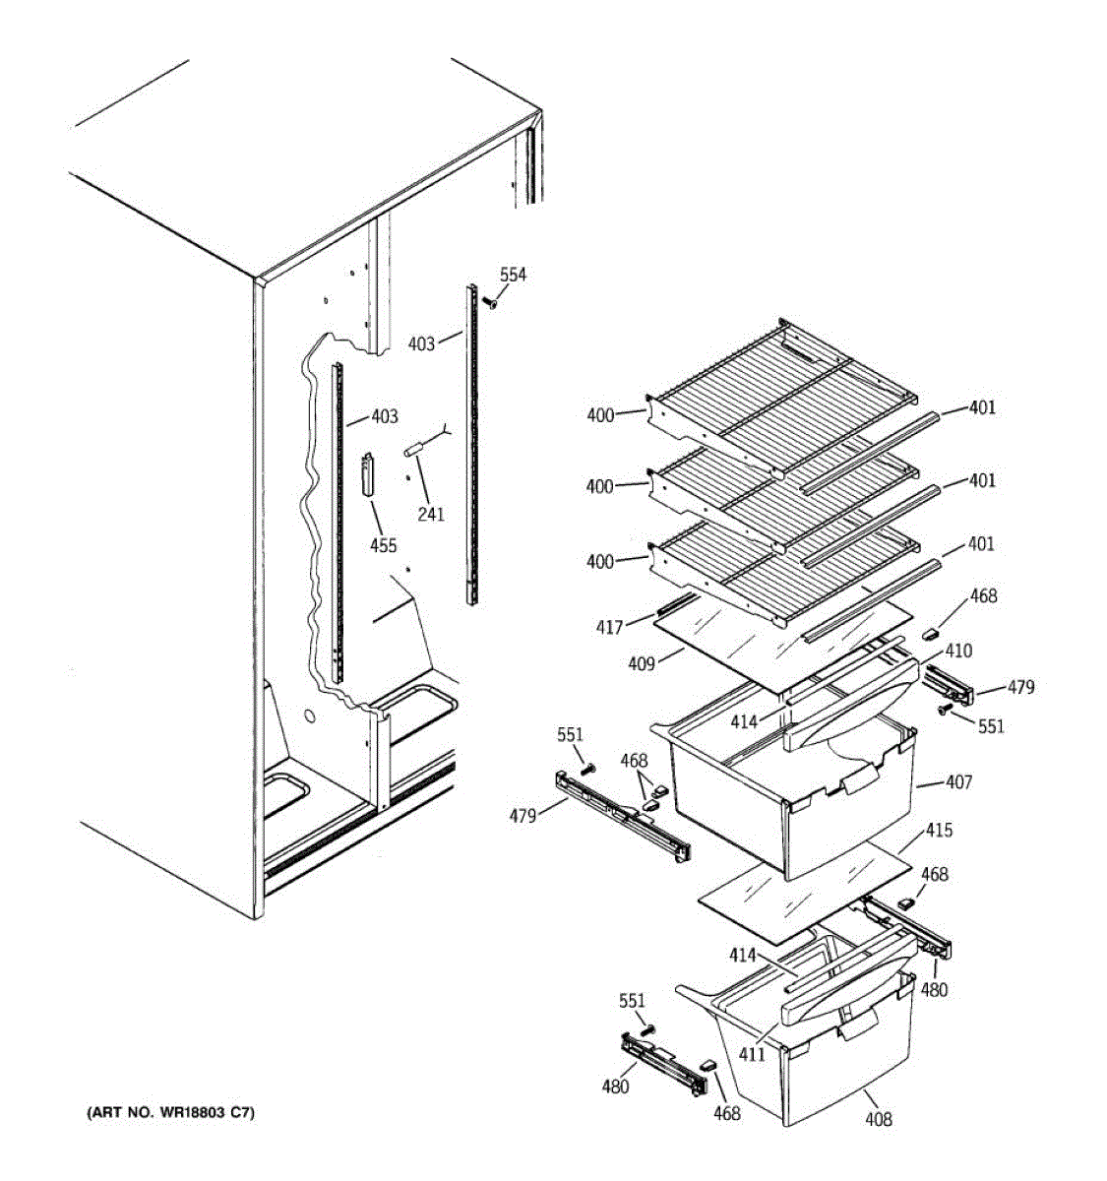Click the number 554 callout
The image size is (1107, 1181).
[513, 275]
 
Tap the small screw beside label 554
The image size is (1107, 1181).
[489, 304]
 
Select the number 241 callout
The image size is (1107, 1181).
[431, 513]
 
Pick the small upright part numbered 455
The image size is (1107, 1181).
[369, 475]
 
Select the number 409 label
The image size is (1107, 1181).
[642, 663]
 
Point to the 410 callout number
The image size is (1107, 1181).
[958, 651]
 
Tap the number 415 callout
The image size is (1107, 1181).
[939, 831]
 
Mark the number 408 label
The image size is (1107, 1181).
[879, 1119]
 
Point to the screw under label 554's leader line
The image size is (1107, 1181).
[489, 304]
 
